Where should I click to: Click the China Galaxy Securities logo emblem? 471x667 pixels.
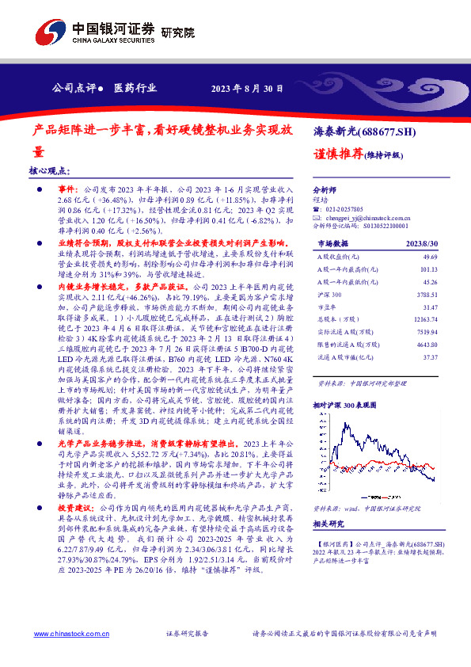(x=50, y=32)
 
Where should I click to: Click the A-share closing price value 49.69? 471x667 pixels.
(x=430, y=257)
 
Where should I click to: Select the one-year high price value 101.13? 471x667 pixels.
(x=428, y=269)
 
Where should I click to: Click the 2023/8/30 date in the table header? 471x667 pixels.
(x=423, y=244)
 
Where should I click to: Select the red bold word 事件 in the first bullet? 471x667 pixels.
(x=67, y=191)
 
